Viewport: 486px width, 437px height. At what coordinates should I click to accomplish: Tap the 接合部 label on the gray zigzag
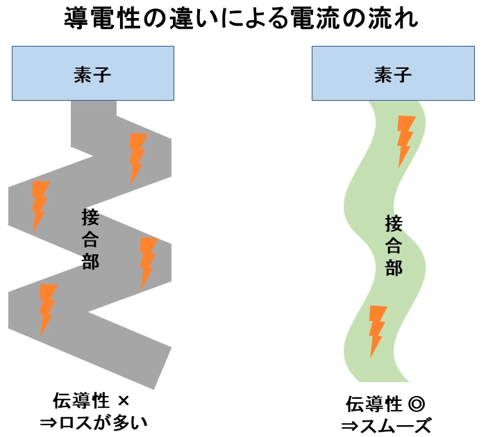coord(90,240)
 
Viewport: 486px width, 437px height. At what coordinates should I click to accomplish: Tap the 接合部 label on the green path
coord(394,245)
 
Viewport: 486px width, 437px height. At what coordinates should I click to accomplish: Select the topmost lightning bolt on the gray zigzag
coord(137,158)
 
